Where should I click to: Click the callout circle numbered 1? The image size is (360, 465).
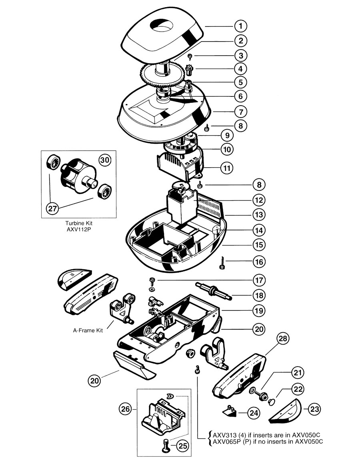[241, 26]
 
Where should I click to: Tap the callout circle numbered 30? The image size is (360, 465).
[105, 160]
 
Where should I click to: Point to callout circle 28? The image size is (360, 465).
[283, 339]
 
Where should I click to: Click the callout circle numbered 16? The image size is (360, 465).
[259, 262]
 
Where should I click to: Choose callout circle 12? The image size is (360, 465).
[259, 200]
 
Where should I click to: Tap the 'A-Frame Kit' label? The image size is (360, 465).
[88, 331]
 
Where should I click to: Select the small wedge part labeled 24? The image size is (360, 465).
[230, 411]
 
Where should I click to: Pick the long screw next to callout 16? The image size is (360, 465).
[222, 263]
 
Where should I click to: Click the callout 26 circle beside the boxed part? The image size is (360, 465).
[126, 409]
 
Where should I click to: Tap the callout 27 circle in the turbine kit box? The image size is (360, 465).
[52, 208]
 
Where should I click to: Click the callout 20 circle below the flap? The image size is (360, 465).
[94, 381]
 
